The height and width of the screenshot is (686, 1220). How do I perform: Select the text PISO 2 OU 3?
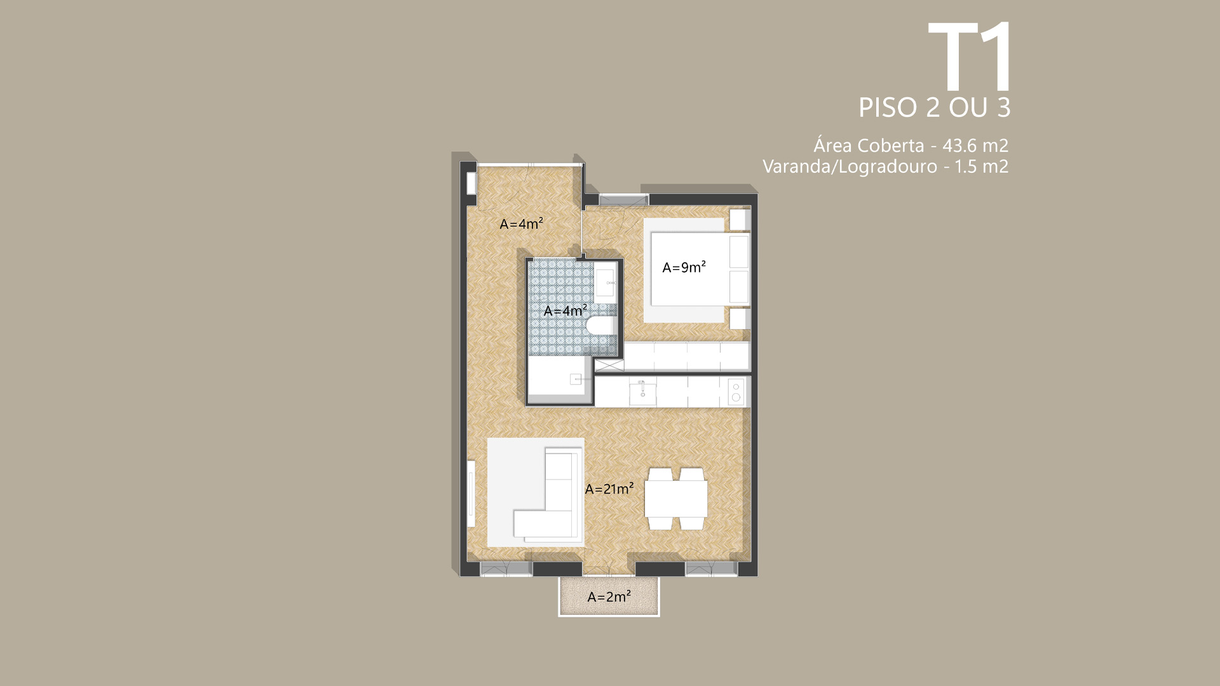(x=934, y=107)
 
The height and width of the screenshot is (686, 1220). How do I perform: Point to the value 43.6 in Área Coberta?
(x=959, y=145)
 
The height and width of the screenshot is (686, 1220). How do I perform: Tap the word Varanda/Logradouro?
(x=850, y=166)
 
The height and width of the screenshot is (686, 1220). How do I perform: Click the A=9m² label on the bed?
(x=684, y=267)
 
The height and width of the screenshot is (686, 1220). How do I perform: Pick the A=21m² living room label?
(x=609, y=488)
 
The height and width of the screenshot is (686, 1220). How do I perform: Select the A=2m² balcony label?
(x=609, y=596)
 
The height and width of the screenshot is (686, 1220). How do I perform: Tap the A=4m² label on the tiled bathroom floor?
(x=565, y=311)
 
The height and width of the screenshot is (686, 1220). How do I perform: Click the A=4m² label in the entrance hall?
(x=521, y=224)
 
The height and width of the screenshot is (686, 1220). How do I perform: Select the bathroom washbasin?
(x=605, y=282)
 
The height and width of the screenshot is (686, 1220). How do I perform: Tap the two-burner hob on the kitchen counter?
(x=736, y=392)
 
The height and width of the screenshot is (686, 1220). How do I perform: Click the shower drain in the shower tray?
(x=575, y=379)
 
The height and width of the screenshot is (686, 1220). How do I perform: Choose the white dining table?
(x=676, y=499)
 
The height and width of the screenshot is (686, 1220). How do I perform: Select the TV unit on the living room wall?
(x=471, y=494)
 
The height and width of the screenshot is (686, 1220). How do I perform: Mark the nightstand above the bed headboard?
(x=740, y=219)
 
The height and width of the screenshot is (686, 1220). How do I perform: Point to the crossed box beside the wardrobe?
(x=609, y=365)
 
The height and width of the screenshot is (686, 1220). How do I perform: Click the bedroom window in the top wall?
(x=623, y=199)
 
